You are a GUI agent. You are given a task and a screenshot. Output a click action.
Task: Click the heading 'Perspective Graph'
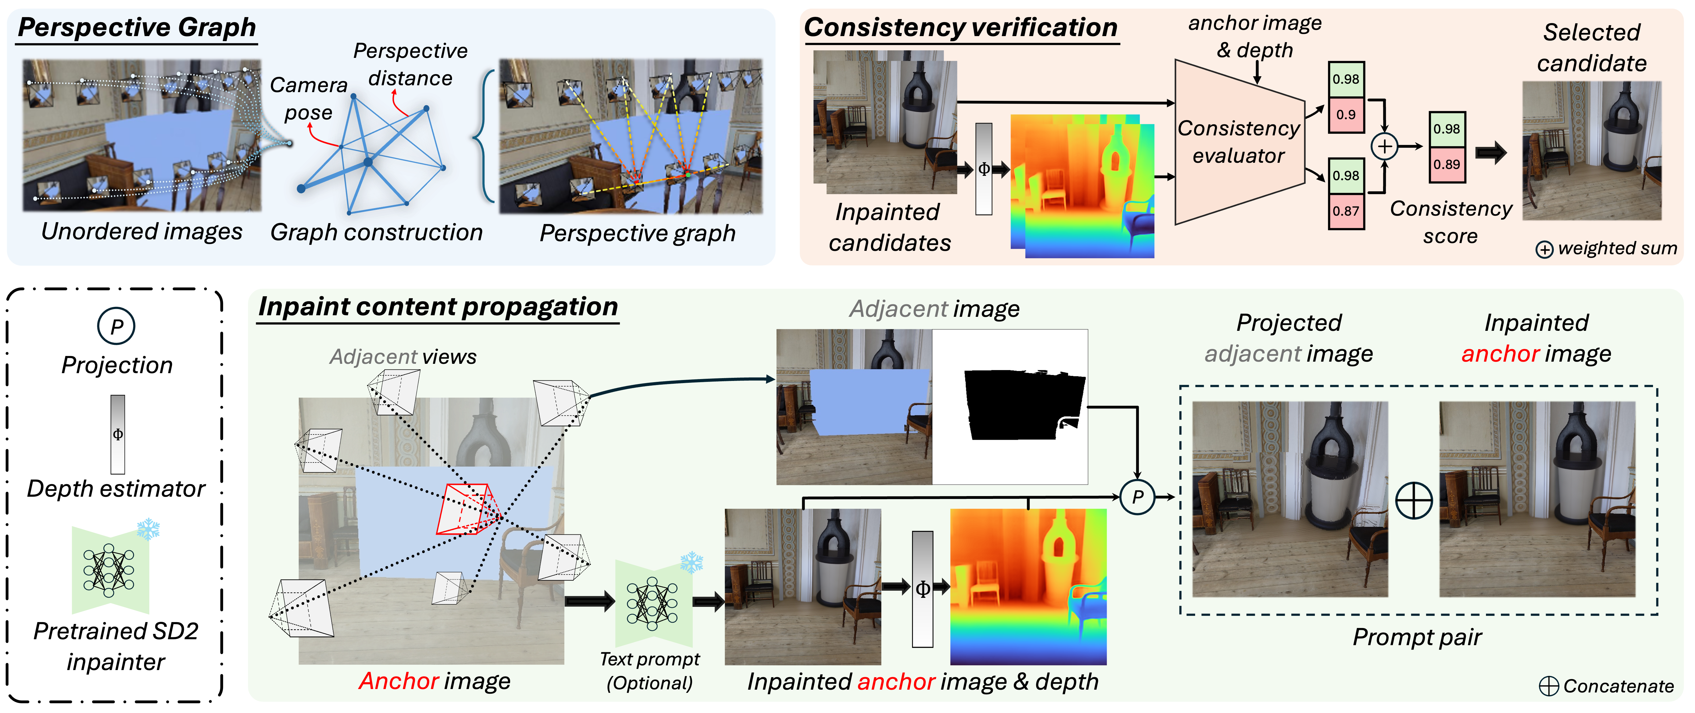tap(137, 28)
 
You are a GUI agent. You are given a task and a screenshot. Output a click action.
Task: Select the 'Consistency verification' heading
tap(961, 28)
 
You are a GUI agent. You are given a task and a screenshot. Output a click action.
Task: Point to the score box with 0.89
tap(1446, 164)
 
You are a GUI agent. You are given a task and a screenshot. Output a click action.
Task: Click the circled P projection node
tap(1137, 497)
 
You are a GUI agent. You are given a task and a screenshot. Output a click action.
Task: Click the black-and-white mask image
tap(1010, 407)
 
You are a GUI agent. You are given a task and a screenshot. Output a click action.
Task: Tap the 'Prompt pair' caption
tap(1417, 637)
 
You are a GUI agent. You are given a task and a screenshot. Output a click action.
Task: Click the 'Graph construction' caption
tap(376, 232)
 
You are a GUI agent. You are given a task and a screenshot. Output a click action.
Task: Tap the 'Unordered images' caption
tap(142, 232)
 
